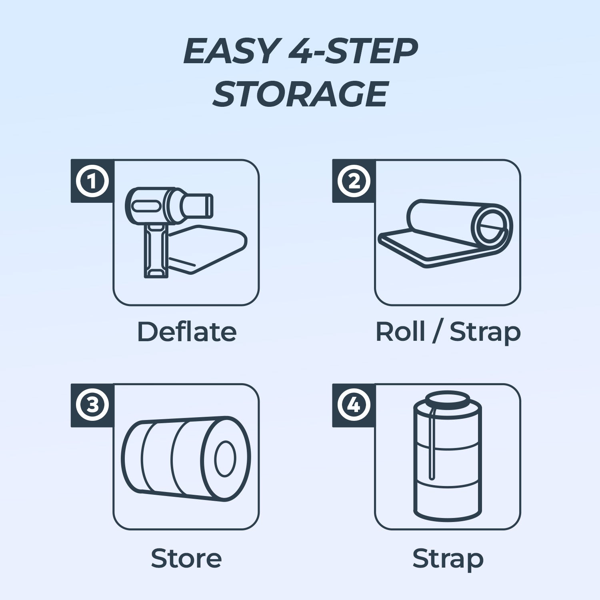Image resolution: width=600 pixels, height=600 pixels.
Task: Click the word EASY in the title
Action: point(230,52)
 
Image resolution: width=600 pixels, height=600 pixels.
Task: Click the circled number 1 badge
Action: point(92,181)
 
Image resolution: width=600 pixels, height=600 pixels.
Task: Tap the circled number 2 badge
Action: point(354,181)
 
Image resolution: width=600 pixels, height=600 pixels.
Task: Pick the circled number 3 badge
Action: point(92,405)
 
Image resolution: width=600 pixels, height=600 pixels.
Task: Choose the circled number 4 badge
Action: point(354,405)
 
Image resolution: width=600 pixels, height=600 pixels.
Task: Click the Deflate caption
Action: point(187,332)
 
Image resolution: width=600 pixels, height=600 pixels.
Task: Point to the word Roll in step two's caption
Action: point(400,332)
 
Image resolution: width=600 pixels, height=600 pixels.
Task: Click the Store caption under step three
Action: point(186,558)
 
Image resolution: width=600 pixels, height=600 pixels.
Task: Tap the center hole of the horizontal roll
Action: point(225,458)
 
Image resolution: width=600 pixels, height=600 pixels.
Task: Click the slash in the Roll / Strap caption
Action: point(437,332)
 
